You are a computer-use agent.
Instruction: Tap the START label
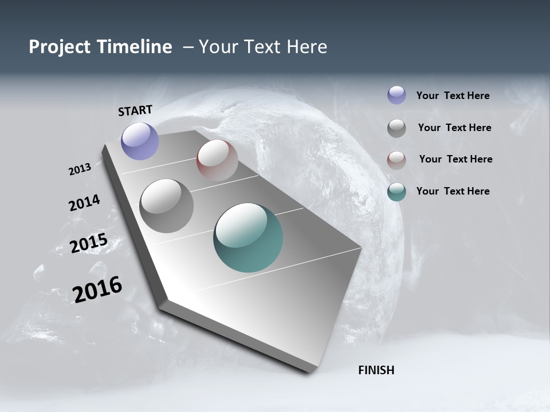pos(135,110)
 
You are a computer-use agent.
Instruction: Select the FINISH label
pos(376,370)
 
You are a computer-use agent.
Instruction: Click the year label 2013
pos(80,169)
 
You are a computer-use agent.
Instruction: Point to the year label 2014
pos(85,203)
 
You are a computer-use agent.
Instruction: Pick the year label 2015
pos(89,243)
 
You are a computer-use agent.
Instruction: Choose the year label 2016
pos(97,290)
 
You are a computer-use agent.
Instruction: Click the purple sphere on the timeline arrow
pos(140,141)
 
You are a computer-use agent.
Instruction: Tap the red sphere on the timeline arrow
pos(217,160)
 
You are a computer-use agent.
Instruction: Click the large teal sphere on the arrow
pos(248,237)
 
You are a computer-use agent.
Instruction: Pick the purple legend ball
pos(396,95)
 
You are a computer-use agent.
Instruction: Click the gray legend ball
pos(396,128)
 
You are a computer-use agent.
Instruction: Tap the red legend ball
pos(396,160)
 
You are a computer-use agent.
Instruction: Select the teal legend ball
pos(396,192)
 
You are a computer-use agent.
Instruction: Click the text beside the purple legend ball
pos(453,96)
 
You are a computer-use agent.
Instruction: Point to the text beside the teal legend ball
pos(453,191)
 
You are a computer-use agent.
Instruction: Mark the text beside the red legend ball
pos(455,159)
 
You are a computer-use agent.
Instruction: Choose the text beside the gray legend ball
pos(454,128)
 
